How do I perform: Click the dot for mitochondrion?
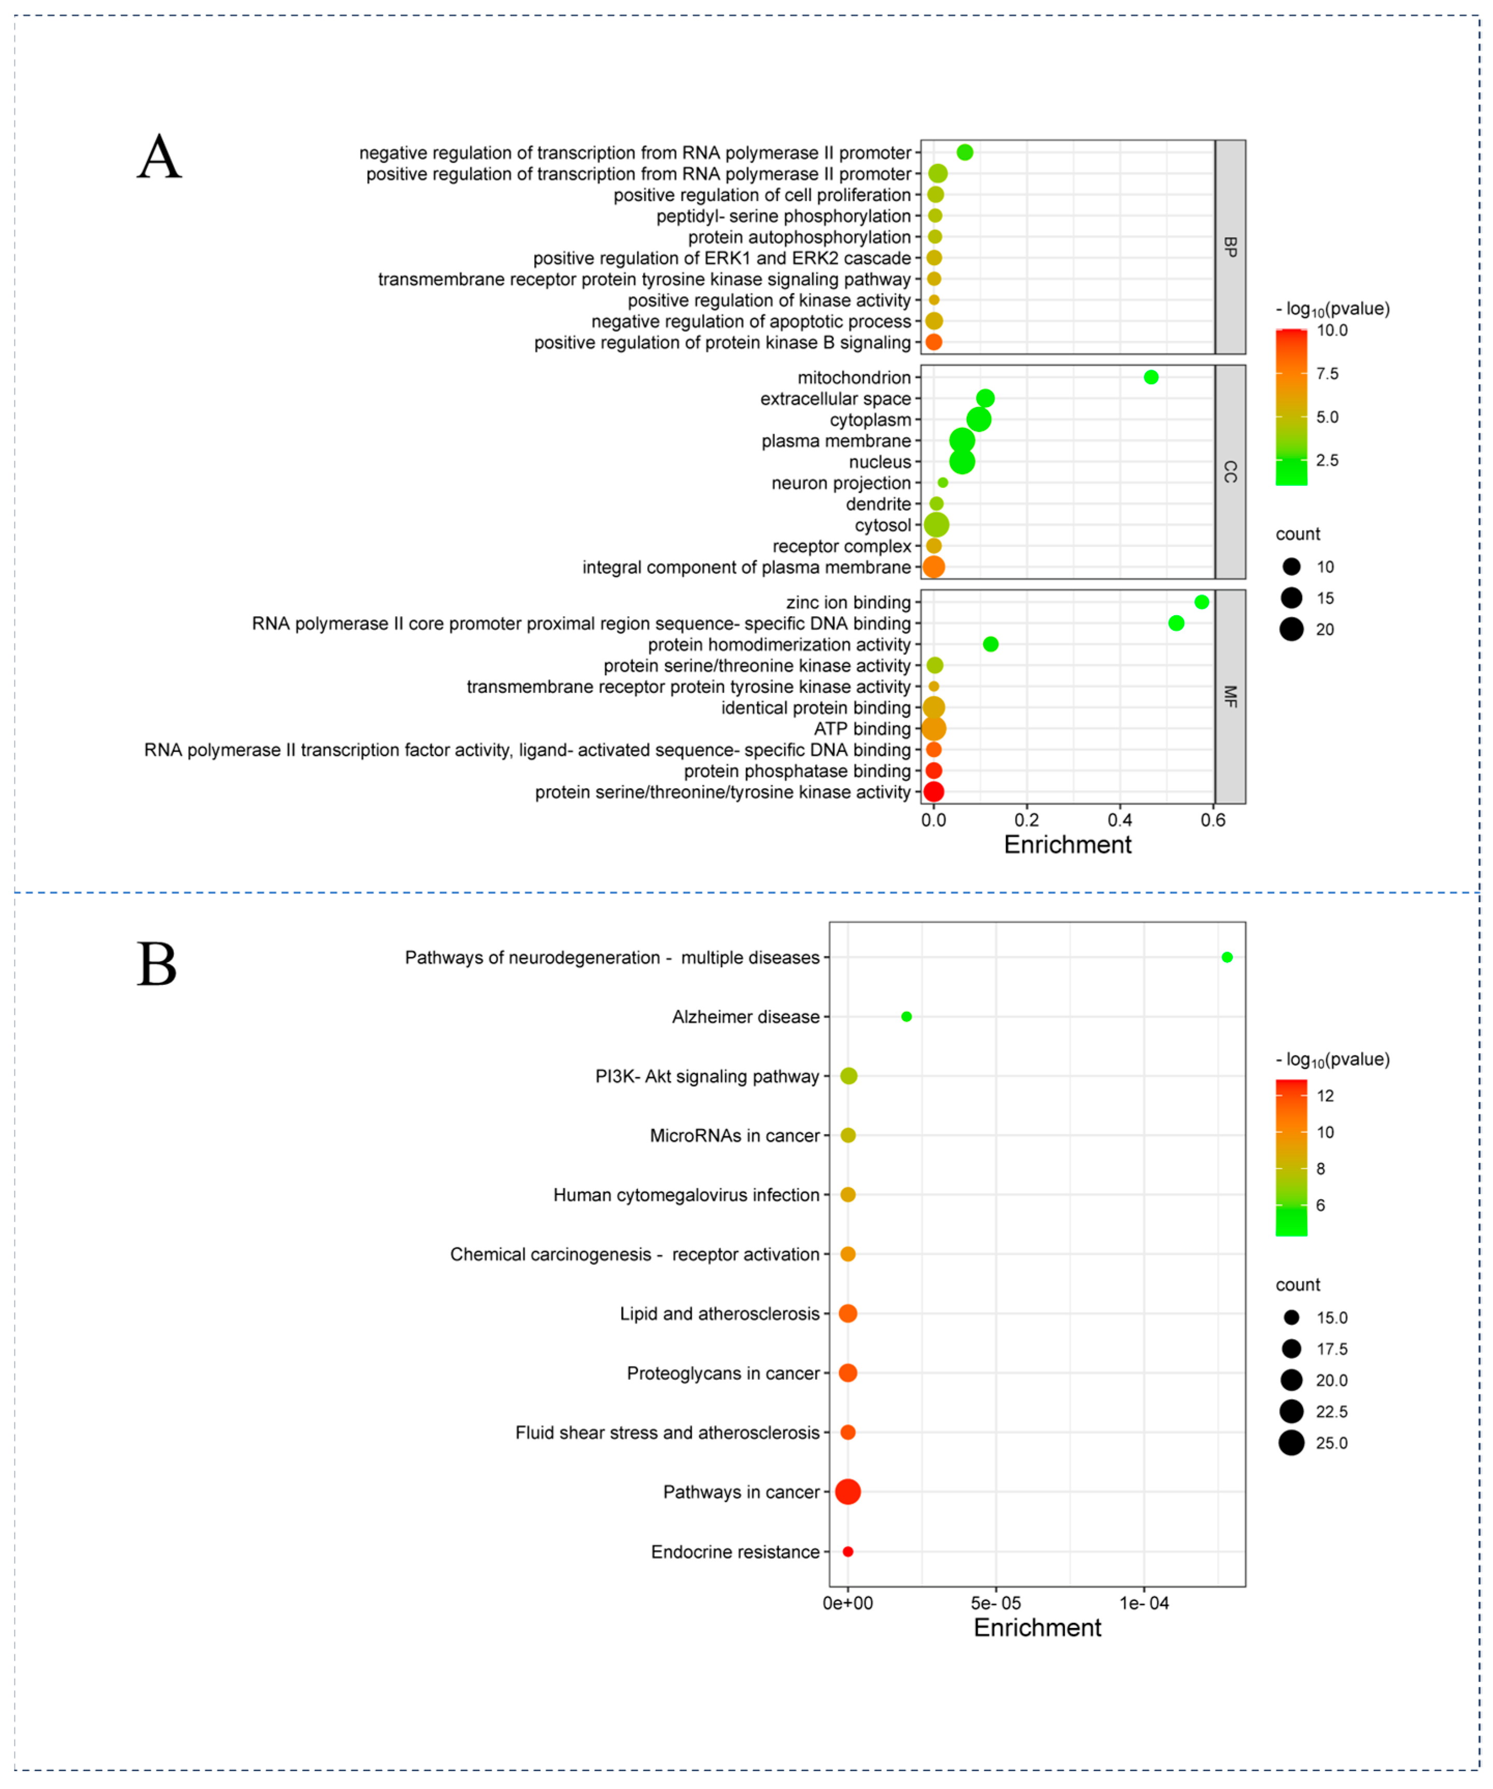click(1151, 377)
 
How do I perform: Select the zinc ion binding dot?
click(1201, 602)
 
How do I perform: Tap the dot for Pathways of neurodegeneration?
click(1227, 957)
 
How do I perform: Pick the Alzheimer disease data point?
click(907, 1016)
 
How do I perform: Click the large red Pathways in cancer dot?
click(848, 1492)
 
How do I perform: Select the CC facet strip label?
click(1230, 472)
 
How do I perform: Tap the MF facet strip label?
click(1230, 697)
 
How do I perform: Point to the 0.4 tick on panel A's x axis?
click(1120, 820)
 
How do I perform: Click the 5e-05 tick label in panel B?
click(995, 1603)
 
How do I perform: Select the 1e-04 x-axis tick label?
click(1144, 1603)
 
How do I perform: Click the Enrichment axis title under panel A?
click(1067, 845)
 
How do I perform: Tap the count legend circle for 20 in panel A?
click(1291, 630)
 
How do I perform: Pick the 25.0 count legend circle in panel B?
click(1291, 1443)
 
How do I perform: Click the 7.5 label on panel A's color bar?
click(1327, 374)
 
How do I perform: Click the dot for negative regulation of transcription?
click(965, 152)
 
